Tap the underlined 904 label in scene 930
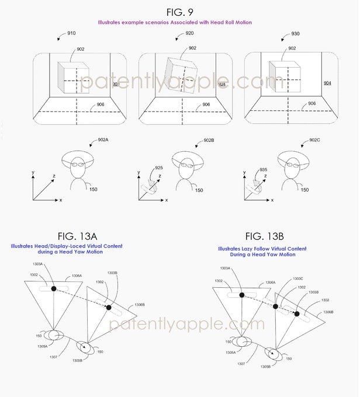coord(327,83)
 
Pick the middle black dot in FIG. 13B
coord(275,306)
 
